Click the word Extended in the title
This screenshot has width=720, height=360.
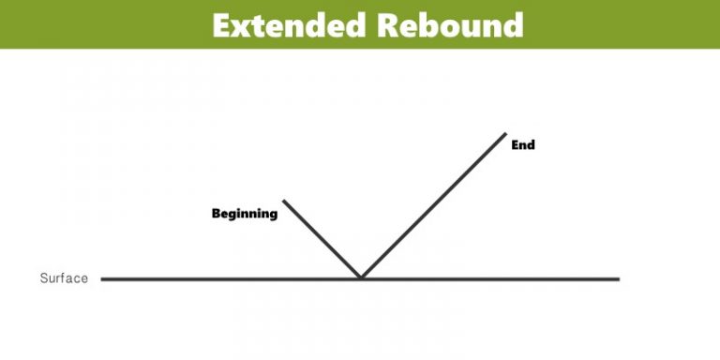click(291, 24)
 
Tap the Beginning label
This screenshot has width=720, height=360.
click(245, 214)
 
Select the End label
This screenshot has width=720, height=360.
click(523, 145)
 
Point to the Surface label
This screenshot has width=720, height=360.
click(64, 278)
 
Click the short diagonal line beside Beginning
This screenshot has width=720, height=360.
click(322, 239)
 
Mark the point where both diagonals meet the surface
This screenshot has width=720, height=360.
click(361, 278)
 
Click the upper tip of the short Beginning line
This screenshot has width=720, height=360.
click(283, 200)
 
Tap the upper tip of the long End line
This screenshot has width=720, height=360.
click(506, 132)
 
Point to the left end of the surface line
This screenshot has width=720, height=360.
click(102, 278)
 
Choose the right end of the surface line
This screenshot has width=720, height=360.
click(619, 278)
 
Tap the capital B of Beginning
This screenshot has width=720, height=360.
click(216, 213)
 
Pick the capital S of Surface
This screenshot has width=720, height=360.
click(43, 278)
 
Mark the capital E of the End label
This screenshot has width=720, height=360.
click(515, 145)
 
